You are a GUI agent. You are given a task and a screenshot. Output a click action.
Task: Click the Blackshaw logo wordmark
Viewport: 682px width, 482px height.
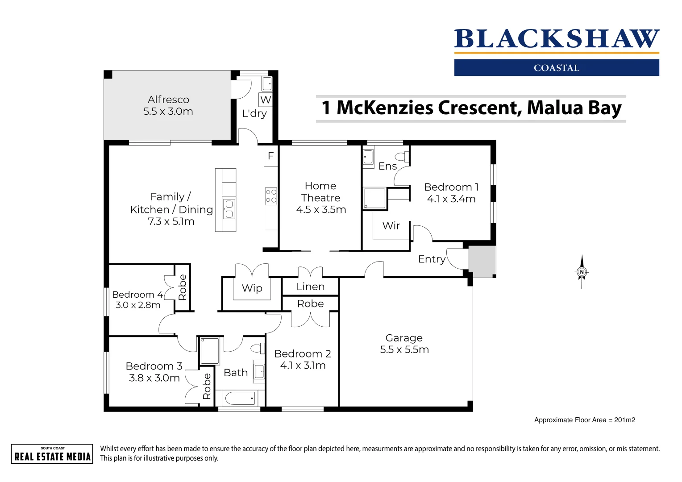557,39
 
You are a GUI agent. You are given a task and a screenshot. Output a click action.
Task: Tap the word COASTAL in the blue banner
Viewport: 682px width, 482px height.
557,68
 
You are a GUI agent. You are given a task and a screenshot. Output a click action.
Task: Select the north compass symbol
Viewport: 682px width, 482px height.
582,272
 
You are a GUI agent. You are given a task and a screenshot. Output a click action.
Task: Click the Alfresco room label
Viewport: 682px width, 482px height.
168,100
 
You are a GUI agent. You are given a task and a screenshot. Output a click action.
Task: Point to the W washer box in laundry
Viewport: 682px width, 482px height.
266,100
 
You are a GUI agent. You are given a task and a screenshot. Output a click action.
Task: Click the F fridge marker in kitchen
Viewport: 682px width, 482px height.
270,156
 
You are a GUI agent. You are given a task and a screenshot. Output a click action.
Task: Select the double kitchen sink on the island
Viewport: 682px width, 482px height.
229,209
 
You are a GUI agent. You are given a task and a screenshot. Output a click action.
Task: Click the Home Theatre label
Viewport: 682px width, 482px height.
320,192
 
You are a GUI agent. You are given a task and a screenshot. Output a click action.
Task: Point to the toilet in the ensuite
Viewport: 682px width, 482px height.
401,156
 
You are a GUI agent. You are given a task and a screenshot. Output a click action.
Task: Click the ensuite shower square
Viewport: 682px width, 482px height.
374,199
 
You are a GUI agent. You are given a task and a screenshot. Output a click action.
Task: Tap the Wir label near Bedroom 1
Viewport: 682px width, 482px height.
391,226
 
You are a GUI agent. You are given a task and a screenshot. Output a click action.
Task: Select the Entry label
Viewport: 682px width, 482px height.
432,259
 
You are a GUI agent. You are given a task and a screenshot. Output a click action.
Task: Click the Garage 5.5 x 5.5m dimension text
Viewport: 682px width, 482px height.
404,350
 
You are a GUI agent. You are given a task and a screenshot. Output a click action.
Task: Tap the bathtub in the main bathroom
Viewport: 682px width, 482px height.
240,398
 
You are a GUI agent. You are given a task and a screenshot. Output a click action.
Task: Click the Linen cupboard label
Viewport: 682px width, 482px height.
310,287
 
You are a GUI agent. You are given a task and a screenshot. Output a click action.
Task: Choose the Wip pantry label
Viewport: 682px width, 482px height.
252,288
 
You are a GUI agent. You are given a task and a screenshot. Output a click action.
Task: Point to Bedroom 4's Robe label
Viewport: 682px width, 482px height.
182,287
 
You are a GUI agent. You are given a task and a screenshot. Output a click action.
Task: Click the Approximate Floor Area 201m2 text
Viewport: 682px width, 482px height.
584,420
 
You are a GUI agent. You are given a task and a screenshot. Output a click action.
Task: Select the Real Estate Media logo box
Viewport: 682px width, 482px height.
52,454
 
